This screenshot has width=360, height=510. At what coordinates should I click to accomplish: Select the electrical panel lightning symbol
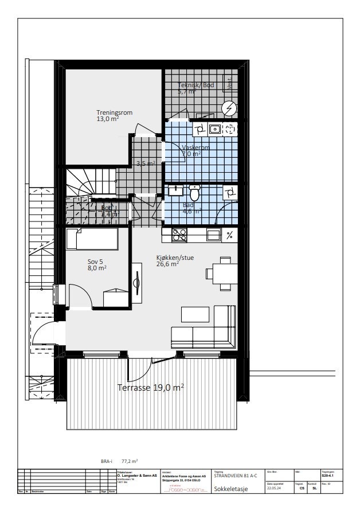click(229, 108)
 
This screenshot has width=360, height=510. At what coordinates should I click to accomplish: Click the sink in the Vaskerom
click(214, 129)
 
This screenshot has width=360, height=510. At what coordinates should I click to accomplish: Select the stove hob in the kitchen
click(179, 234)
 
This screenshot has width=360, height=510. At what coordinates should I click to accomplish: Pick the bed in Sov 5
click(92, 238)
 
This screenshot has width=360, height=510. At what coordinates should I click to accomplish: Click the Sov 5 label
click(96, 263)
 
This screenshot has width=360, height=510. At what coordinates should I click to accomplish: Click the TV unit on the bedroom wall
click(137, 282)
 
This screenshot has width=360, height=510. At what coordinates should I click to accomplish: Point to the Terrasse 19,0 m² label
click(150, 388)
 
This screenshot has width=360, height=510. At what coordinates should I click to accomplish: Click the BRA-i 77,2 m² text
click(119, 461)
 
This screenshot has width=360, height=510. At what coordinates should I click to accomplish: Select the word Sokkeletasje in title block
click(230, 489)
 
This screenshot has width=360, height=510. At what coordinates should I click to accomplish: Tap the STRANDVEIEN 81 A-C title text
click(235, 476)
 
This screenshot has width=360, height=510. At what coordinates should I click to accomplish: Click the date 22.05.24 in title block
click(275, 489)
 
